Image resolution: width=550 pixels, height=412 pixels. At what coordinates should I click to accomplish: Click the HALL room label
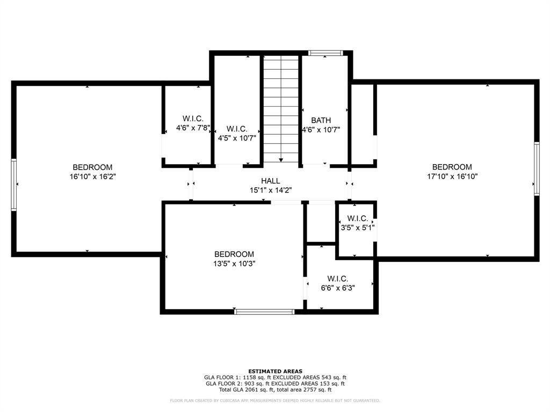[x=271, y=181]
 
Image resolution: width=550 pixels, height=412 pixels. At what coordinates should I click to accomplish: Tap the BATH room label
[x=321, y=120]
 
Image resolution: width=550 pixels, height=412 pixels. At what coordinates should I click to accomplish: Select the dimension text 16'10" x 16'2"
[x=92, y=176]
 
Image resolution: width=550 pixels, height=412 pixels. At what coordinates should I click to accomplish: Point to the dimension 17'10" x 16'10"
[x=452, y=176]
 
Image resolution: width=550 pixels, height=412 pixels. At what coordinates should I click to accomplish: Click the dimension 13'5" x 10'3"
[x=234, y=263]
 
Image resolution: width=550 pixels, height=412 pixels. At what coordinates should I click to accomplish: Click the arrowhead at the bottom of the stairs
[x=281, y=160]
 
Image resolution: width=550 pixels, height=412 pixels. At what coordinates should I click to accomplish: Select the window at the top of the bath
[x=325, y=53]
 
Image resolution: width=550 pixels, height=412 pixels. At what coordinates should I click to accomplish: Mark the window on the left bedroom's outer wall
[x=13, y=185]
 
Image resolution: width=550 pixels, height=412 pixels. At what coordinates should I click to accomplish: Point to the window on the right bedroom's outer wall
[x=537, y=168]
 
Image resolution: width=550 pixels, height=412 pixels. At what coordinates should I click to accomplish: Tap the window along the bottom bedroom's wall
[x=264, y=312]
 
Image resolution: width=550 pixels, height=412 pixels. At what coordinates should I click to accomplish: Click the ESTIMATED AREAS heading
[x=276, y=371]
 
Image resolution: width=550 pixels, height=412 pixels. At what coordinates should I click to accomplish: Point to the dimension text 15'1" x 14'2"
[x=271, y=190]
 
